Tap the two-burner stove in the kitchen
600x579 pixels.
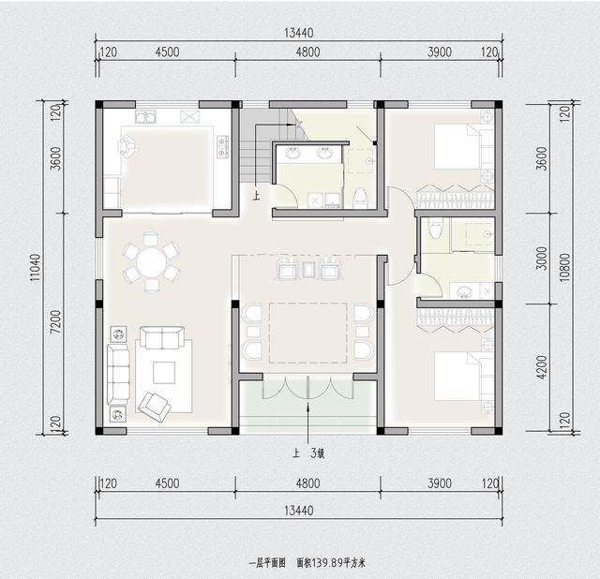tap(223, 145)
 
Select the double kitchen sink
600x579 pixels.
tap(146, 118)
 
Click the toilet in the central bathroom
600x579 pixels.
tap(358, 195)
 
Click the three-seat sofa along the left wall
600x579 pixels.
tap(118, 372)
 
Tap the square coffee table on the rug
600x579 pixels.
tap(164, 372)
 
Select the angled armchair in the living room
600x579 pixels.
tap(154, 405)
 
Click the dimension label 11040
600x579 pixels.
tap(35, 266)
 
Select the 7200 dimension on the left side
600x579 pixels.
tap(55, 327)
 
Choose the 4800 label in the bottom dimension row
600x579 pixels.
tap(307, 484)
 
